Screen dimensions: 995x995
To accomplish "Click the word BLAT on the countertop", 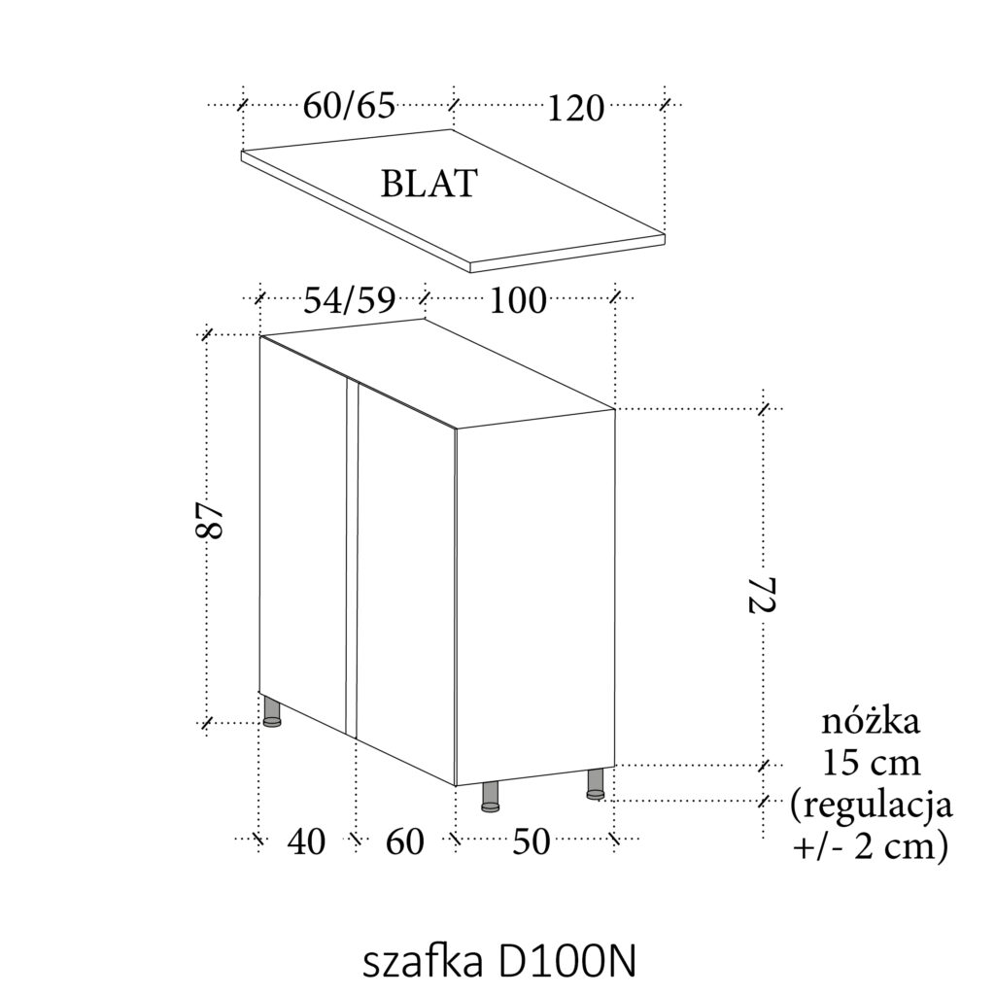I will coord(429,183).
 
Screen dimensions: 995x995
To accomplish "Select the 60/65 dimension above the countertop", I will coord(349,105).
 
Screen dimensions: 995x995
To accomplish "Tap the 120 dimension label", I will coord(575,108).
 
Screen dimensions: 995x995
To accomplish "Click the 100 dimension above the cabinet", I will coord(517,301).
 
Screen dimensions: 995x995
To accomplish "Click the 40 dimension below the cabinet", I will coord(307,841).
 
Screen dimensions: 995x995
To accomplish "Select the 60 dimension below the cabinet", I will coord(405,841).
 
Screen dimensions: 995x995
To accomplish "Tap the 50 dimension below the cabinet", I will coord(531,841).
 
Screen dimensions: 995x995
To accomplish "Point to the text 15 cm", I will coord(871,764).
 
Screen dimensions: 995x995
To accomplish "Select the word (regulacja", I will coord(871,806).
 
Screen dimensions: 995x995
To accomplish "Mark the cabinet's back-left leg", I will coord(273,711).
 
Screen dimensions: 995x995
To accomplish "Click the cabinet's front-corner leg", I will coord(492,796).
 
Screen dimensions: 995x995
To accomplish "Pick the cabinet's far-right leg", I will coord(597,784).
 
